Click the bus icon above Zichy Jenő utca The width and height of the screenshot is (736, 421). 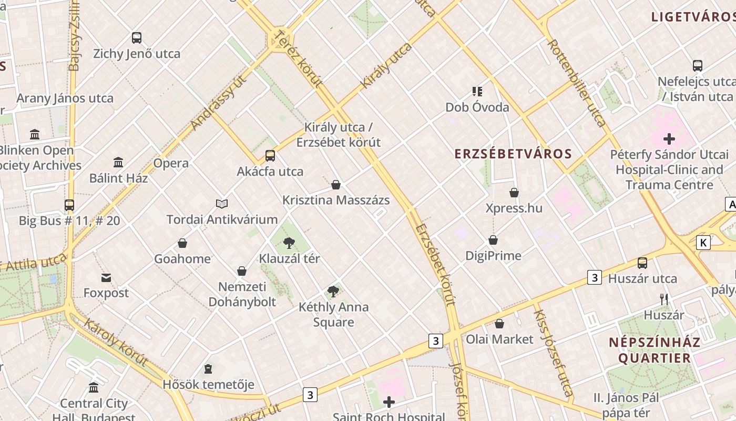pyautogui.click(x=137, y=38)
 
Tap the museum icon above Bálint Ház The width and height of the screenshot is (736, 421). pyautogui.click(x=118, y=162)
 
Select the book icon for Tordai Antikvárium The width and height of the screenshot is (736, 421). pyautogui.click(x=222, y=204)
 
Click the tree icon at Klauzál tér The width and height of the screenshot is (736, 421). pyautogui.click(x=289, y=243)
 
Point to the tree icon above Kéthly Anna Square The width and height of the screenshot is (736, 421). pyautogui.click(x=333, y=291)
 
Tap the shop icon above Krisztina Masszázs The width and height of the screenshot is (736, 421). pyautogui.click(x=336, y=185)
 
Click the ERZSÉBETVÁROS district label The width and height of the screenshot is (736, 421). pyautogui.click(x=513, y=154)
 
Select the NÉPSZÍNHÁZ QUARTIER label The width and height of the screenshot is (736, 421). pyautogui.click(x=655, y=350)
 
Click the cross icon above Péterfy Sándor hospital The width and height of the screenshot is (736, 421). pyautogui.click(x=669, y=139)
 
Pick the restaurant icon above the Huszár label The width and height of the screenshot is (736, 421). pyautogui.click(x=664, y=299)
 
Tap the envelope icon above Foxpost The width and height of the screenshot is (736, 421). pyautogui.click(x=106, y=277)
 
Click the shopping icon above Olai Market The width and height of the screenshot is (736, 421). pyautogui.click(x=499, y=323)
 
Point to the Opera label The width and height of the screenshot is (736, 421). pyautogui.click(x=171, y=163)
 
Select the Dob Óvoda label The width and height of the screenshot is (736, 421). pyautogui.click(x=477, y=107)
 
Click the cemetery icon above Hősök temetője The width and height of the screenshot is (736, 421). pyautogui.click(x=208, y=368)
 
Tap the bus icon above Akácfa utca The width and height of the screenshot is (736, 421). pyautogui.click(x=270, y=156)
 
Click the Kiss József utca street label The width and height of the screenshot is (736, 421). pyautogui.click(x=553, y=353)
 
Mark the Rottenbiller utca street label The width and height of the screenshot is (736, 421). pyautogui.click(x=577, y=83)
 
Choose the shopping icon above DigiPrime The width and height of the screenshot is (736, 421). pyautogui.click(x=493, y=240)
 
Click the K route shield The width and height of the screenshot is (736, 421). pyautogui.click(x=703, y=243)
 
